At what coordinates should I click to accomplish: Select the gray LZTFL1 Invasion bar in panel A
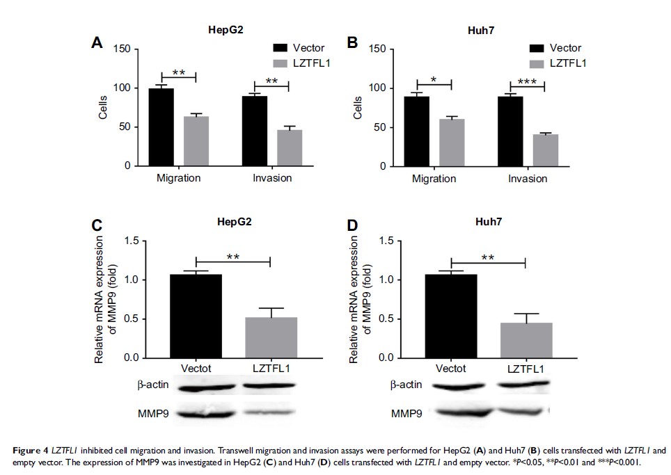pyautogui.click(x=271, y=147)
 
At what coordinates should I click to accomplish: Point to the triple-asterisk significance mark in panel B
pyautogui.click(x=527, y=81)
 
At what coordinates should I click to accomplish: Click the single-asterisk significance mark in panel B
pyautogui.click(x=434, y=81)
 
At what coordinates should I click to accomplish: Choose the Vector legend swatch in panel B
pyautogui.click(x=537, y=48)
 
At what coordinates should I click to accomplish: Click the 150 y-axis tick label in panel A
pyautogui.click(x=121, y=49)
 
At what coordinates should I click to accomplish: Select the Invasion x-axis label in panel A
pyautogui.click(x=272, y=178)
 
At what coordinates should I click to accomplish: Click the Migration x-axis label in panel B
pyautogui.click(x=434, y=179)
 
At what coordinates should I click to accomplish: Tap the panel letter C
pyautogui.click(x=97, y=226)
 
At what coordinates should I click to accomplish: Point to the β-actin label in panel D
pyautogui.click(x=404, y=385)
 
